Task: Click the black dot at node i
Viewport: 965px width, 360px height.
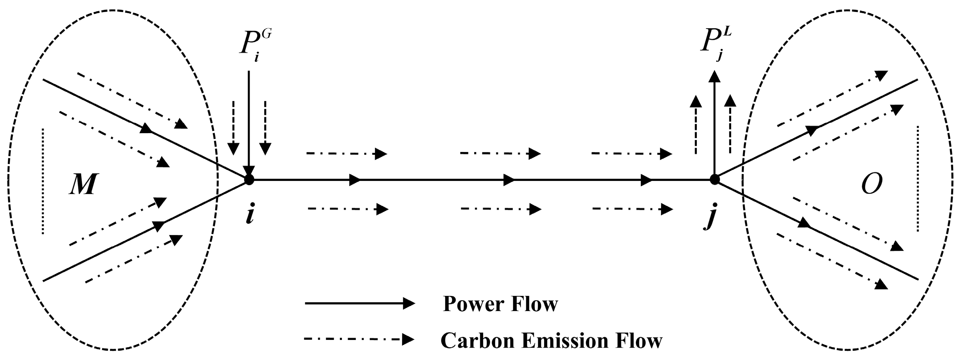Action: (249, 179)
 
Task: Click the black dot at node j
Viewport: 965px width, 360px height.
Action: (715, 179)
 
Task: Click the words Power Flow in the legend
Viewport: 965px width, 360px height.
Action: (500, 304)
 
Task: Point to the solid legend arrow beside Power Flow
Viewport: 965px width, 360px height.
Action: (360, 304)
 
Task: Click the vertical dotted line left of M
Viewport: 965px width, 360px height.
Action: (43, 181)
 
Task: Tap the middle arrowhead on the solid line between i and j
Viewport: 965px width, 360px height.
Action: (508, 179)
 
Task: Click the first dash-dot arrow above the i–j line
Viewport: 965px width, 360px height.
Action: (346, 154)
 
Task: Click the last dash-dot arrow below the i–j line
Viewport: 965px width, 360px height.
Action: (633, 209)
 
